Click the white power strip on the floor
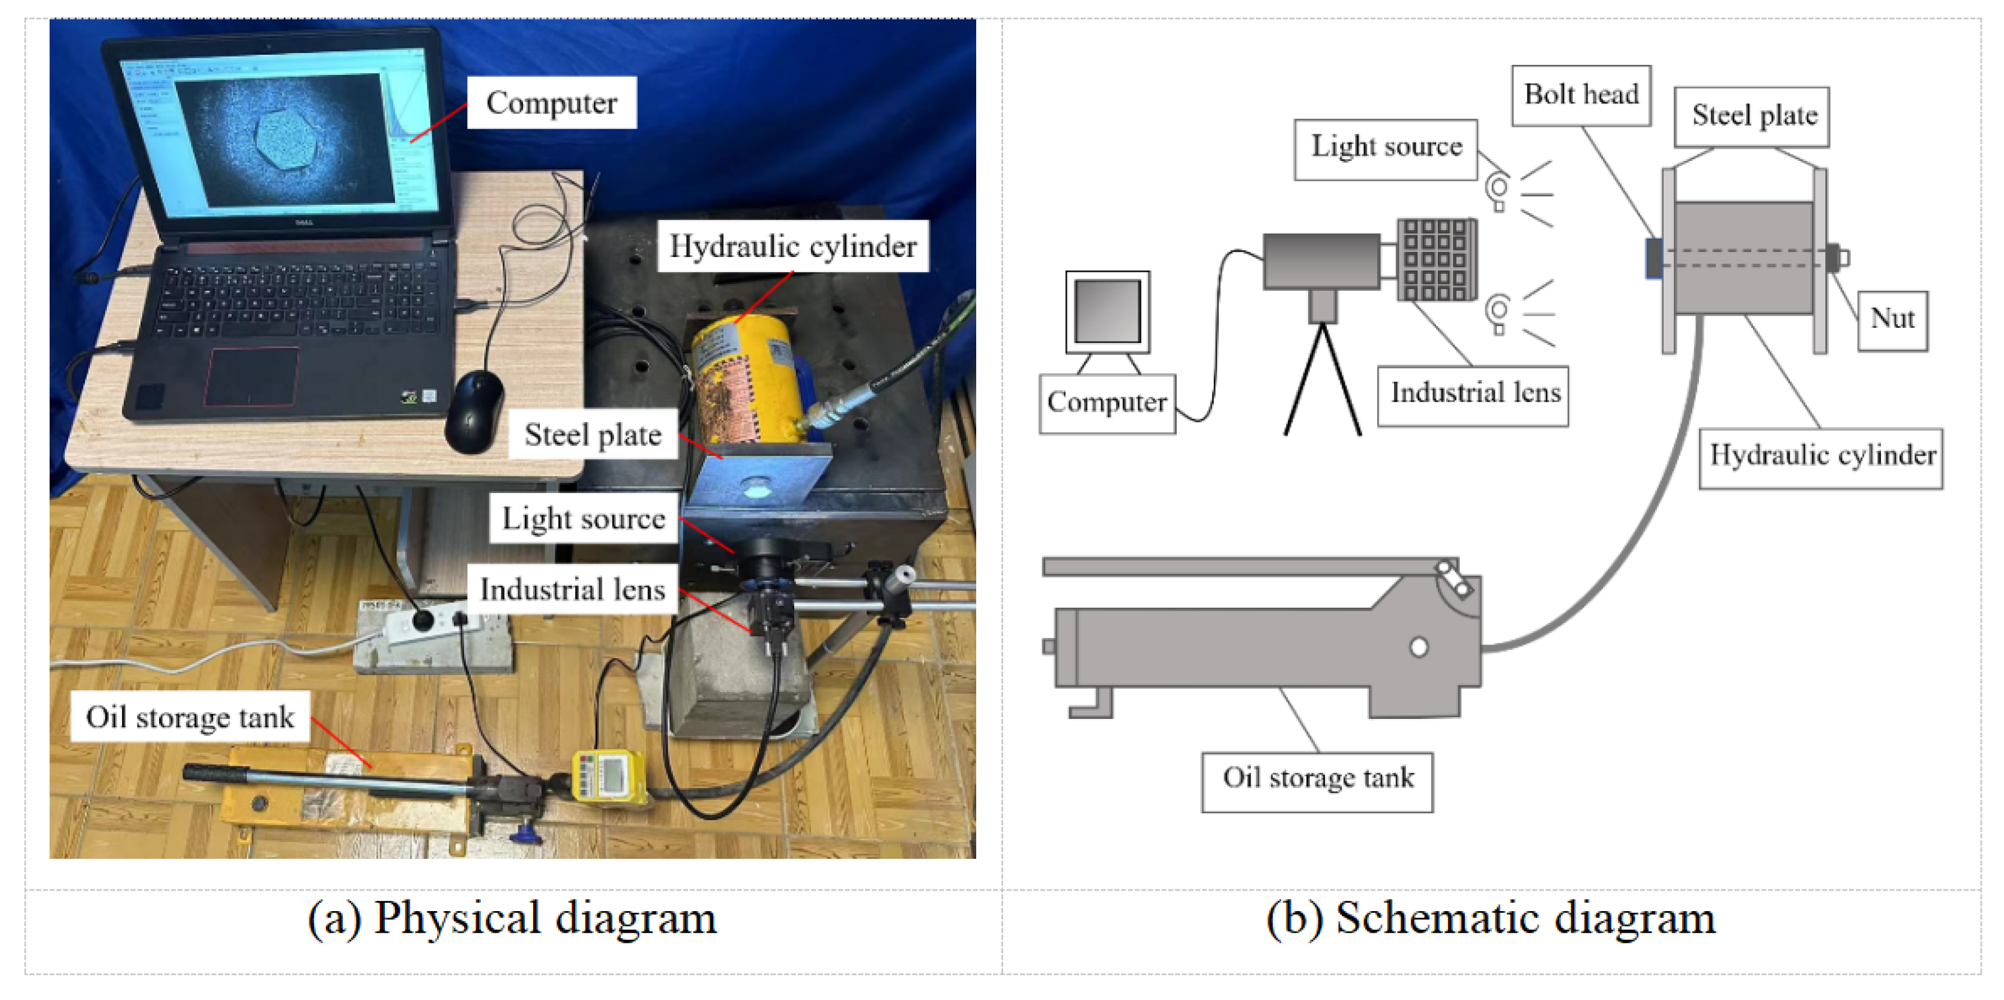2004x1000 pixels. [424, 623]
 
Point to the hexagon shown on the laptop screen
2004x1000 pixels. [286, 139]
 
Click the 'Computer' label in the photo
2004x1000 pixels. [552, 103]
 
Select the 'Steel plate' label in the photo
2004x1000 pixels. [593, 434]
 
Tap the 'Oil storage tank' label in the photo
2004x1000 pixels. [190, 717]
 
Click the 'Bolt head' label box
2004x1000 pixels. [1581, 95]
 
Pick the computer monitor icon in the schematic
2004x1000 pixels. [1107, 311]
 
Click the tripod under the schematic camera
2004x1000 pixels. [1322, 381]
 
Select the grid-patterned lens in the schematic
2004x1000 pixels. [1436, 259]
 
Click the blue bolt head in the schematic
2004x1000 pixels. [1654, 258]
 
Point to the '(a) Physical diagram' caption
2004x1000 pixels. [512, 918]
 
